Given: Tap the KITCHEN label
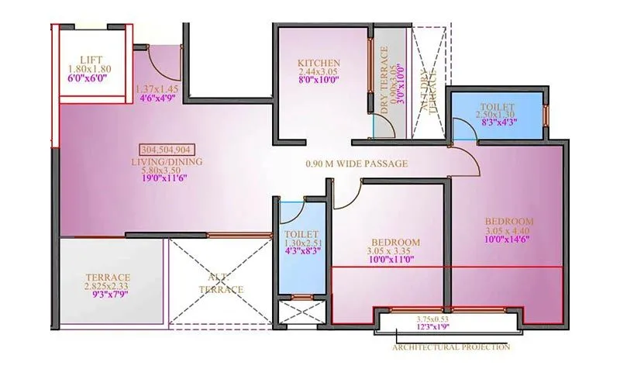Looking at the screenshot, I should coord(319,63).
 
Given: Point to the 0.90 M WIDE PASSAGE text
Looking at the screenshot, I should coord(356,164).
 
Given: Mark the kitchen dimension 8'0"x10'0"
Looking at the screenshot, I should coord(319,81).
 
